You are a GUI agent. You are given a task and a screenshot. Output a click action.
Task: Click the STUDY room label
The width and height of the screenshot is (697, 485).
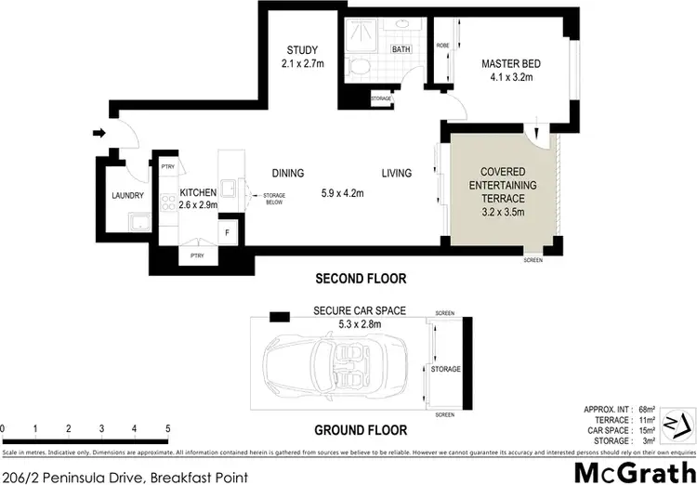click(x=302, y=50)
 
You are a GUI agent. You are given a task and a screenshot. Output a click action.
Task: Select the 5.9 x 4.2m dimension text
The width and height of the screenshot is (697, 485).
click(x=341, y=193)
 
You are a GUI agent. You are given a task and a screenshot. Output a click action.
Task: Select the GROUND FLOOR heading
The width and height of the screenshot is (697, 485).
click(x=360, y=430)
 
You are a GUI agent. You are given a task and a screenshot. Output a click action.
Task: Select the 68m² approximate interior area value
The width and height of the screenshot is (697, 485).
click(x=649, y=409)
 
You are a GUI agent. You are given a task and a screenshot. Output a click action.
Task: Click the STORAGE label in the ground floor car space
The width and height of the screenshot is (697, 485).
click(x=446, y=370)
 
